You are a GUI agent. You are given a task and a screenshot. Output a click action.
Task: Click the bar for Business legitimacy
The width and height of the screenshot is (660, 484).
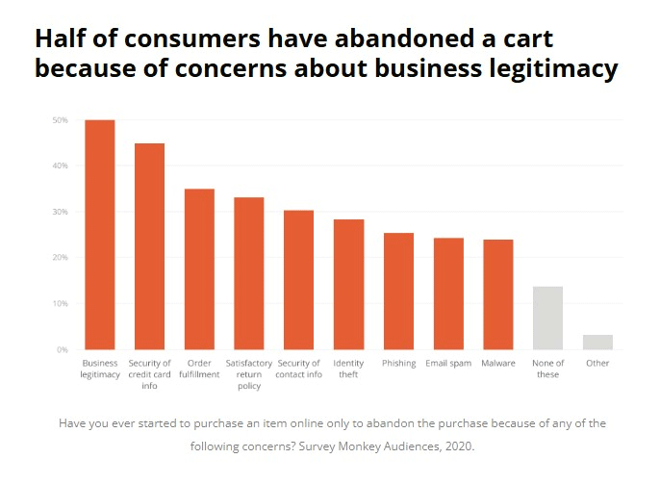click(99, 235)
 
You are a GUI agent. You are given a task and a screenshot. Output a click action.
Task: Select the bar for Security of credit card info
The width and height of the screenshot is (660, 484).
click(149, 246)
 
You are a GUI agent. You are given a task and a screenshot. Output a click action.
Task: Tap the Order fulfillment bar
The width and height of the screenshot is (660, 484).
click(199, 269)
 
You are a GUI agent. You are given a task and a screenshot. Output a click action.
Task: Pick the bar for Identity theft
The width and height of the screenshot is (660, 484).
click(349, 285)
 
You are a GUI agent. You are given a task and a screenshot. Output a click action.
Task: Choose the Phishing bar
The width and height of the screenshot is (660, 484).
click(399, 292)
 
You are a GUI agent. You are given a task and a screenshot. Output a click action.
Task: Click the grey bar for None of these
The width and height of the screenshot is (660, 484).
click(547, 318)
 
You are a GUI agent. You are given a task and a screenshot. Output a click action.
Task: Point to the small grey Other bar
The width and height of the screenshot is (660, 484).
click(597, 343)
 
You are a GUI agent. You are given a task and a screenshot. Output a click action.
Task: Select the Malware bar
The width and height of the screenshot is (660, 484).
click(497, 294)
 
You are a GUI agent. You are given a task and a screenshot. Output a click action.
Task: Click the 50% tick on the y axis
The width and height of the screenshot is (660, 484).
click(60, 120)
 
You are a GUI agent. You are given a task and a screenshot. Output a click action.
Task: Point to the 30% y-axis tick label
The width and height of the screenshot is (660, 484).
click(60, 212)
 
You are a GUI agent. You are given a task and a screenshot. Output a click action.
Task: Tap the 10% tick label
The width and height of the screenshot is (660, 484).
click(60, 303)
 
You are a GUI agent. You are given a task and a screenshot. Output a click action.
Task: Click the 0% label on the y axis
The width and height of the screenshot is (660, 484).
click(62, 349)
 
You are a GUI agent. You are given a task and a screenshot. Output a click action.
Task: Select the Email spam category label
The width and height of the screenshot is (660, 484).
click(448, 363)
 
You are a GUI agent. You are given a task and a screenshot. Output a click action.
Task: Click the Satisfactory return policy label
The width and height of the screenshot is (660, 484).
click(249, 374)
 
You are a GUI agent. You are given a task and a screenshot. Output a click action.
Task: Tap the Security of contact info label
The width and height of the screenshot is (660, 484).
click(299, 369)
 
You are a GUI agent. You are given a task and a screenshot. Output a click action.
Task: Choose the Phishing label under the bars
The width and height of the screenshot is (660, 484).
click(399, 363)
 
